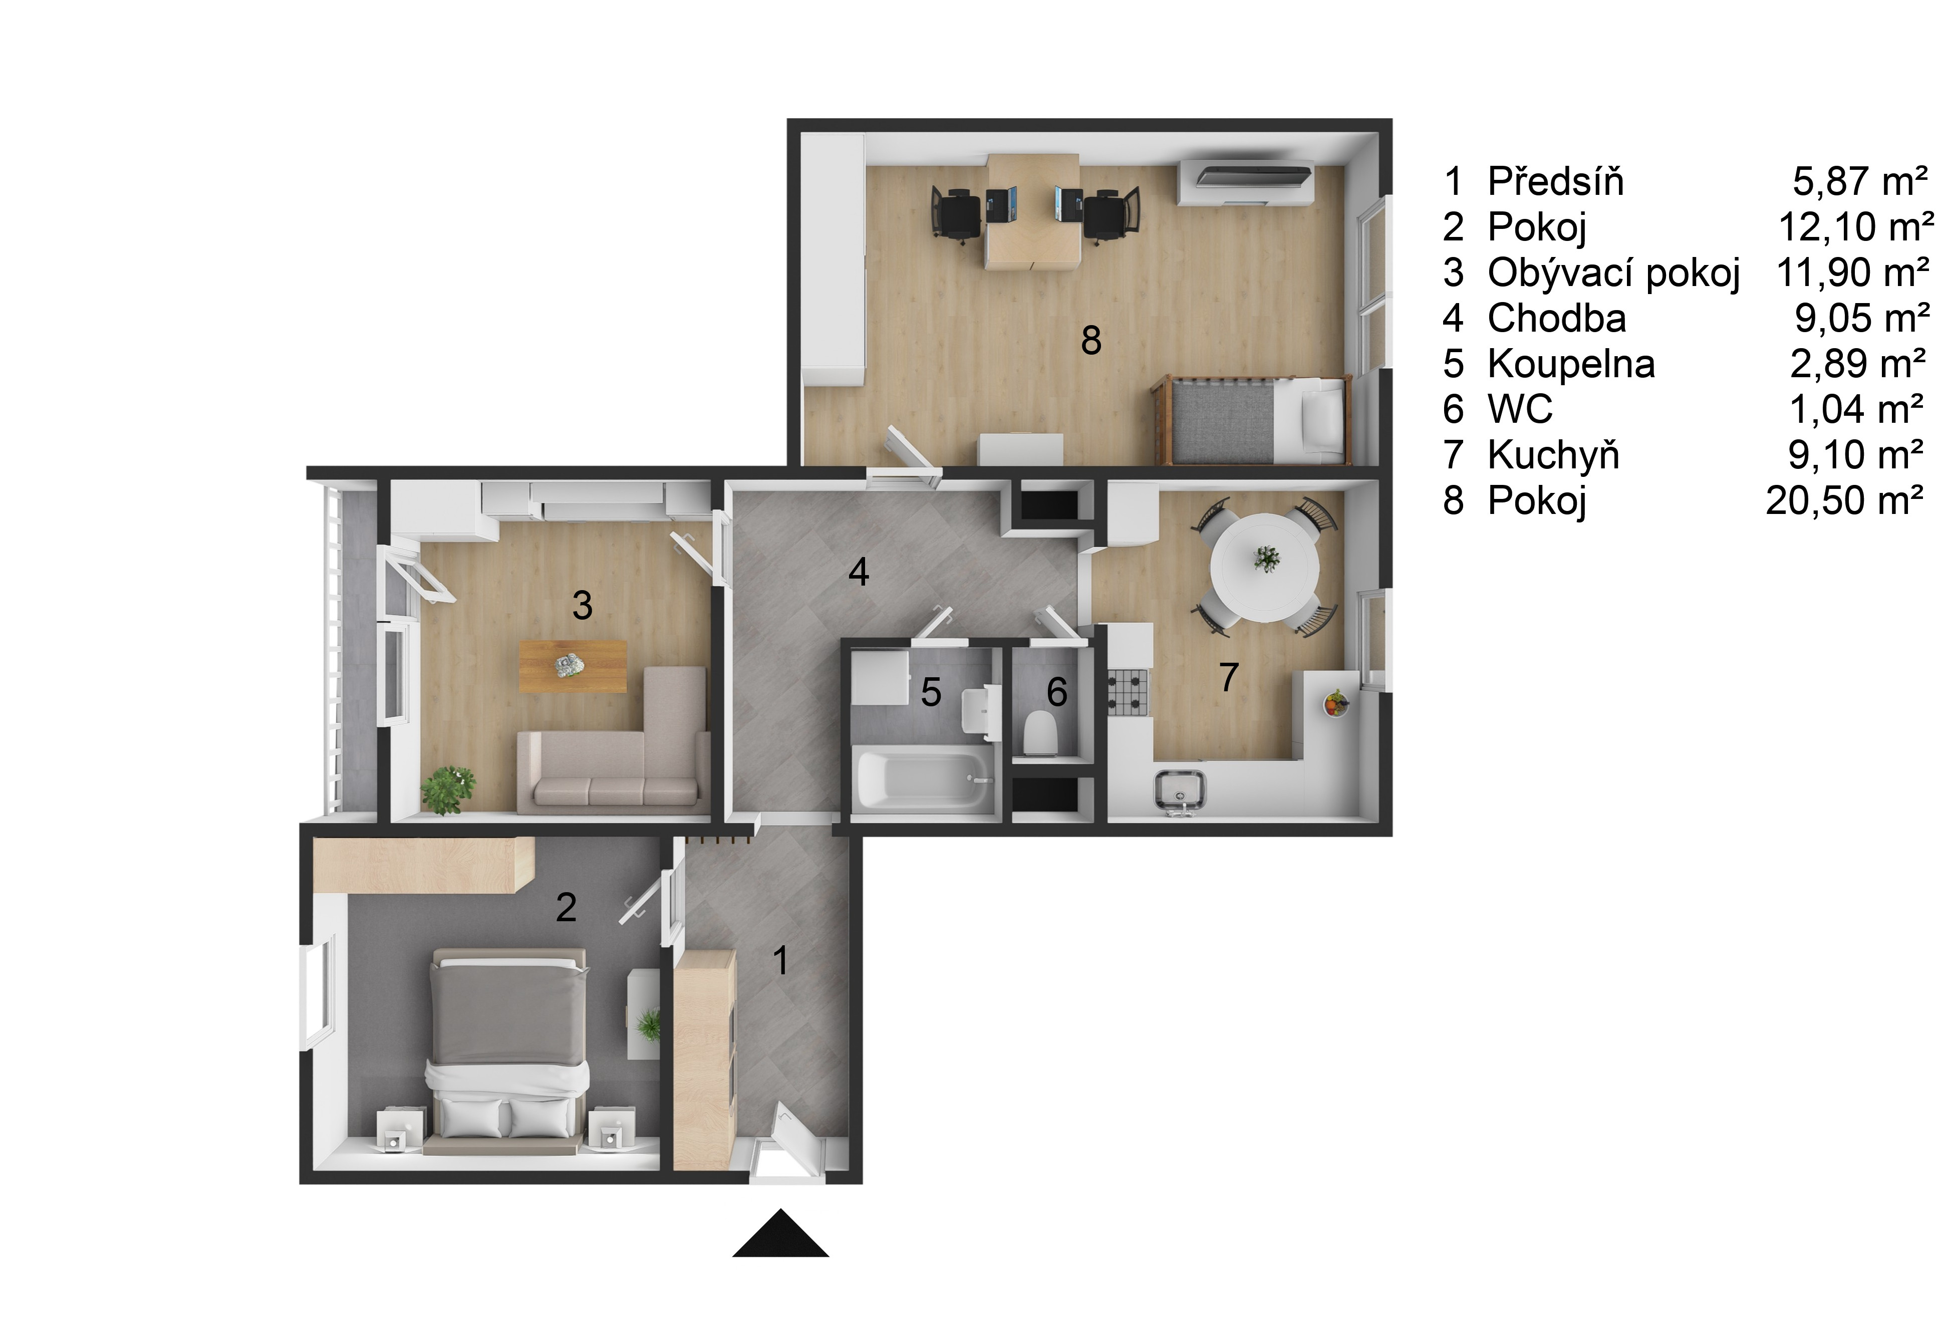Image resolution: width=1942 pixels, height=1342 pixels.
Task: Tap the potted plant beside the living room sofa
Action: point(449,788)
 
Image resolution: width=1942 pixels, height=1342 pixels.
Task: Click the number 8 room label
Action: point(1090,341)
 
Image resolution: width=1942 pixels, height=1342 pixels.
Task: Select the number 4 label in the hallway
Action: point(859,572)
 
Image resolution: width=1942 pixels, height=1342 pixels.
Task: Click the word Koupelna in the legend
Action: point(1570,365)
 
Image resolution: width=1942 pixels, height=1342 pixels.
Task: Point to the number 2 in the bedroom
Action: point(566,907)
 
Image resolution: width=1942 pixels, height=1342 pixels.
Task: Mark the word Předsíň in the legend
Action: point(1555,182)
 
